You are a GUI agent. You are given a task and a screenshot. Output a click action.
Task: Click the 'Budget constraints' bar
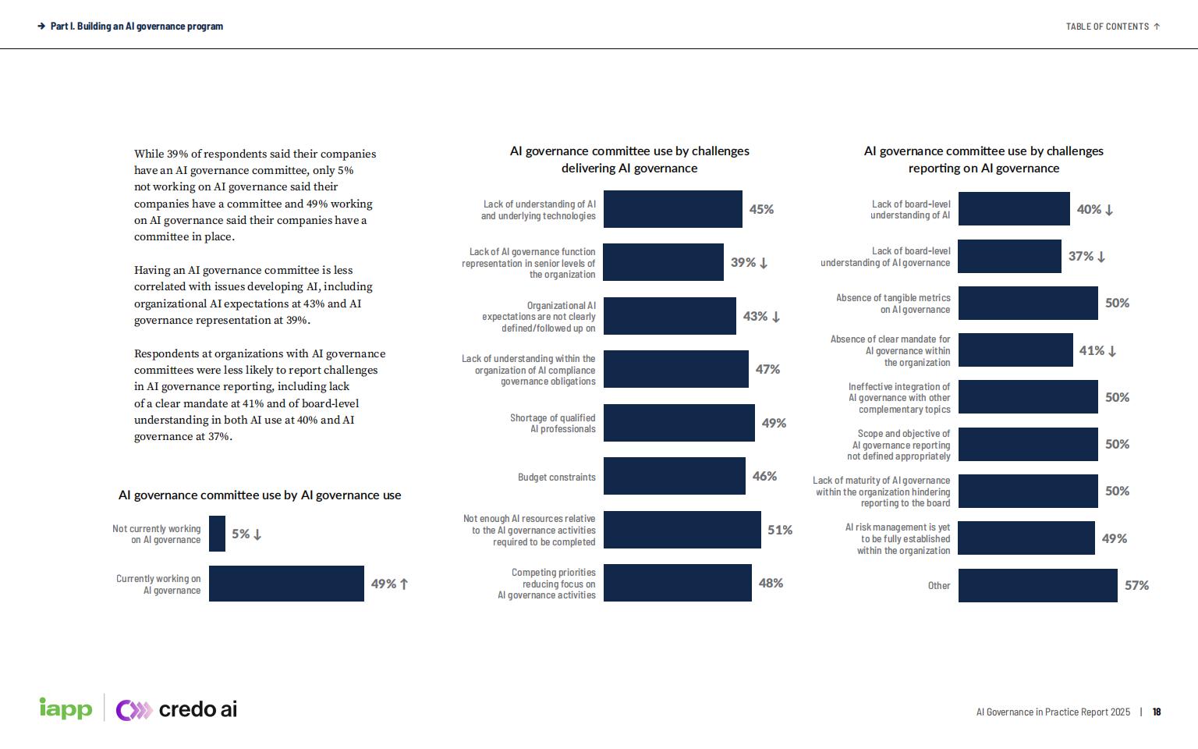674,476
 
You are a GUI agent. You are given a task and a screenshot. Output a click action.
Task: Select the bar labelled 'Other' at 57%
1037,585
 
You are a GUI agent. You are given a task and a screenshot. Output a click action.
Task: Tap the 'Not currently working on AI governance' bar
217,534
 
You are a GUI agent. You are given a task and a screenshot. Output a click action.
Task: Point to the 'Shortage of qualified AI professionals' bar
679,423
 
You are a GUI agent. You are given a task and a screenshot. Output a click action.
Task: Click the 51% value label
779,530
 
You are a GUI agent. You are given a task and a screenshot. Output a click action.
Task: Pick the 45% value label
761,209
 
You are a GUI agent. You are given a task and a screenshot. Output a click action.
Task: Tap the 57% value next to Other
1136,585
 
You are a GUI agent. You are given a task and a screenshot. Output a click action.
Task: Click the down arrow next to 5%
257,534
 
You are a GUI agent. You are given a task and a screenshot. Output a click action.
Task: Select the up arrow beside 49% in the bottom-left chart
404,584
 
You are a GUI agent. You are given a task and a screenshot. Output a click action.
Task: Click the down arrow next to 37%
1101,257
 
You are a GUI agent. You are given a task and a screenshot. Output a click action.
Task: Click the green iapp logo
66,708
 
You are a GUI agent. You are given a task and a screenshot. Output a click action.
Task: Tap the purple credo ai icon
133,710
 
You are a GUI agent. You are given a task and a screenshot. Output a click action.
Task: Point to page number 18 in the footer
1157,712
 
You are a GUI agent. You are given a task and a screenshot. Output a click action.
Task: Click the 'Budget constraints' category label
556,477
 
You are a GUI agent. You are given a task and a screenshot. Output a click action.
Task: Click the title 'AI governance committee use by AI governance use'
260,495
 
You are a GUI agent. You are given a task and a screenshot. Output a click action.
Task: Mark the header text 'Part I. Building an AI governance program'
136,27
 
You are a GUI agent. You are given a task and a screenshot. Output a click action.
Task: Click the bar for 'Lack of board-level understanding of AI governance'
1009,257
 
